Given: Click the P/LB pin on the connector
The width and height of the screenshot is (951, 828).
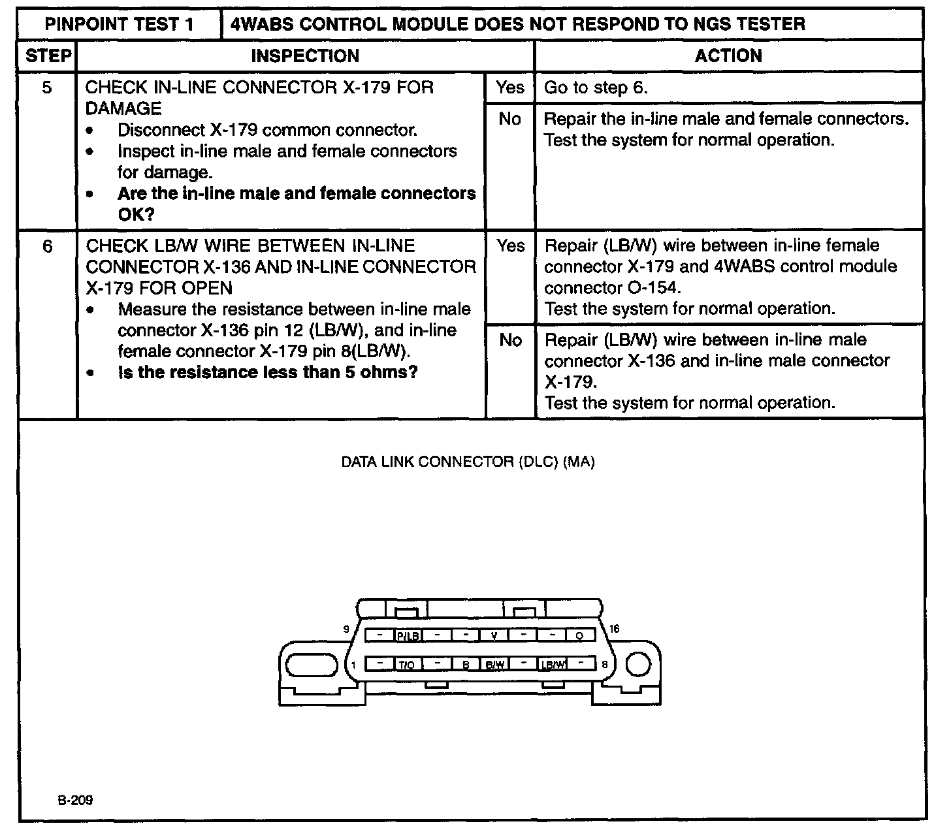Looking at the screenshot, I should click(x=408, y=635).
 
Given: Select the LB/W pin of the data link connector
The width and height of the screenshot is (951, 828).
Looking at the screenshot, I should click(x=553, y=665).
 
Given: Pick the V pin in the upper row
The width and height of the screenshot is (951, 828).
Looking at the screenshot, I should click(x=494, y=635).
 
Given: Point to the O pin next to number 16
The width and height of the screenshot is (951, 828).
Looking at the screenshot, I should click(x=580, y=635).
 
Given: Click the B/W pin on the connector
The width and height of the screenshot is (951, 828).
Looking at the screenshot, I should click(x=494, y=665).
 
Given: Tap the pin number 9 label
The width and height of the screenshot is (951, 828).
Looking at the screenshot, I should click(x=347, y=629).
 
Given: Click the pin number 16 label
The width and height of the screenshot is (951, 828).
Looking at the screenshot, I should click(x=614, y=629).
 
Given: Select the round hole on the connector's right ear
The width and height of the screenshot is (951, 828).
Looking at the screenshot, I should click(x=638, y=665).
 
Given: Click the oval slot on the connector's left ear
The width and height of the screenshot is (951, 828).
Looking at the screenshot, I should click(x=310, y=665).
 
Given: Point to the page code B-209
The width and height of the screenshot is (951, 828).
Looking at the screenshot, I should click(x=74, y=801).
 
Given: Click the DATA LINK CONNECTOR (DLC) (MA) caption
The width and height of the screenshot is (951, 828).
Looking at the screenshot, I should click(x=468, y=462).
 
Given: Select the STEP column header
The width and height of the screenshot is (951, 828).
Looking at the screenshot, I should click(x=48, y=56).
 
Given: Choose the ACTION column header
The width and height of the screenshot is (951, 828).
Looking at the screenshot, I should click(x=728, y=56).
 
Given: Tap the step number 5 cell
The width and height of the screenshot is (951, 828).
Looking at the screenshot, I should click(x=47, y=88).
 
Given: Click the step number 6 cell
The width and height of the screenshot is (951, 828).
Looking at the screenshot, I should click(x=47, y=246).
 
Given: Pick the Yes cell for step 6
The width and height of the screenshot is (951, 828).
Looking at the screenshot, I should click(x=510, y=246).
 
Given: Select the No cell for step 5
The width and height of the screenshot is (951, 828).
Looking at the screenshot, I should click(x=510, y=119).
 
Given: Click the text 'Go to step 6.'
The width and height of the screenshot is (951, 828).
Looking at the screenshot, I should click(x=596, y=88).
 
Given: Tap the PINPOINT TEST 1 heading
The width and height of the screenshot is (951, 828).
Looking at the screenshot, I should click(x=120, y=25).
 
